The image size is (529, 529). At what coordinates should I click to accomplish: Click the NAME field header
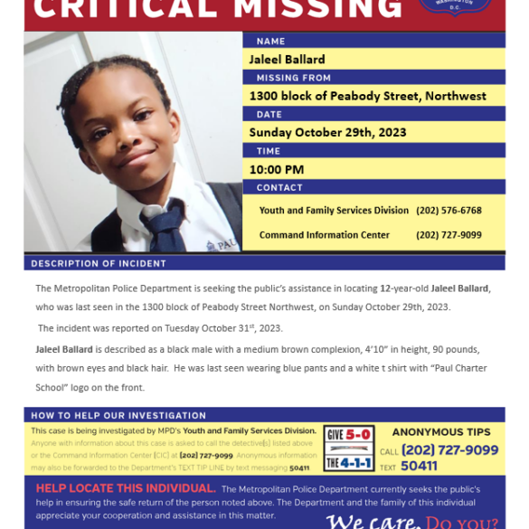tap(270, 42)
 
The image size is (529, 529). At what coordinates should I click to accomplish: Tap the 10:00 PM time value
tap(276, 169)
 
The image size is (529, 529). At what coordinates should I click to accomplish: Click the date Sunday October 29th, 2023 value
tap(327, 132)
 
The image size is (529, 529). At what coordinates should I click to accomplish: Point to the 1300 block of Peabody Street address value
tap(367, 96)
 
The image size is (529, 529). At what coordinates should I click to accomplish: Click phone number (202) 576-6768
tap(449, 211)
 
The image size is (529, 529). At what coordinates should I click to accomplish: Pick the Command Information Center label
tap(324, 235)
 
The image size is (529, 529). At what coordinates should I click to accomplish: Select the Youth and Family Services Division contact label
tap(334, 211)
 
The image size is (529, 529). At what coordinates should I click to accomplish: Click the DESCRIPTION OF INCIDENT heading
tap(99, 263)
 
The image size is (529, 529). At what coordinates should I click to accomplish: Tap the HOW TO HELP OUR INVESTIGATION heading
tap(118, 415)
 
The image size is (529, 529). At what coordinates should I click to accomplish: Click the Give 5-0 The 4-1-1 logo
tap(349, 448)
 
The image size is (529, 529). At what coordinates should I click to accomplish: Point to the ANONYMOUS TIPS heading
tap(441, 432)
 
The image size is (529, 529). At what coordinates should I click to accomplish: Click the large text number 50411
tap(420, 467)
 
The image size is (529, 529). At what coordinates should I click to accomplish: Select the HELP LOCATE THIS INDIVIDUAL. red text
tap(125, 488)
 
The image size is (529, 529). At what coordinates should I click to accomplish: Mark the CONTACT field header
tap(279, 187)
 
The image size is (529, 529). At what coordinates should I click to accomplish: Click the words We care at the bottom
tap(372, 521)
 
